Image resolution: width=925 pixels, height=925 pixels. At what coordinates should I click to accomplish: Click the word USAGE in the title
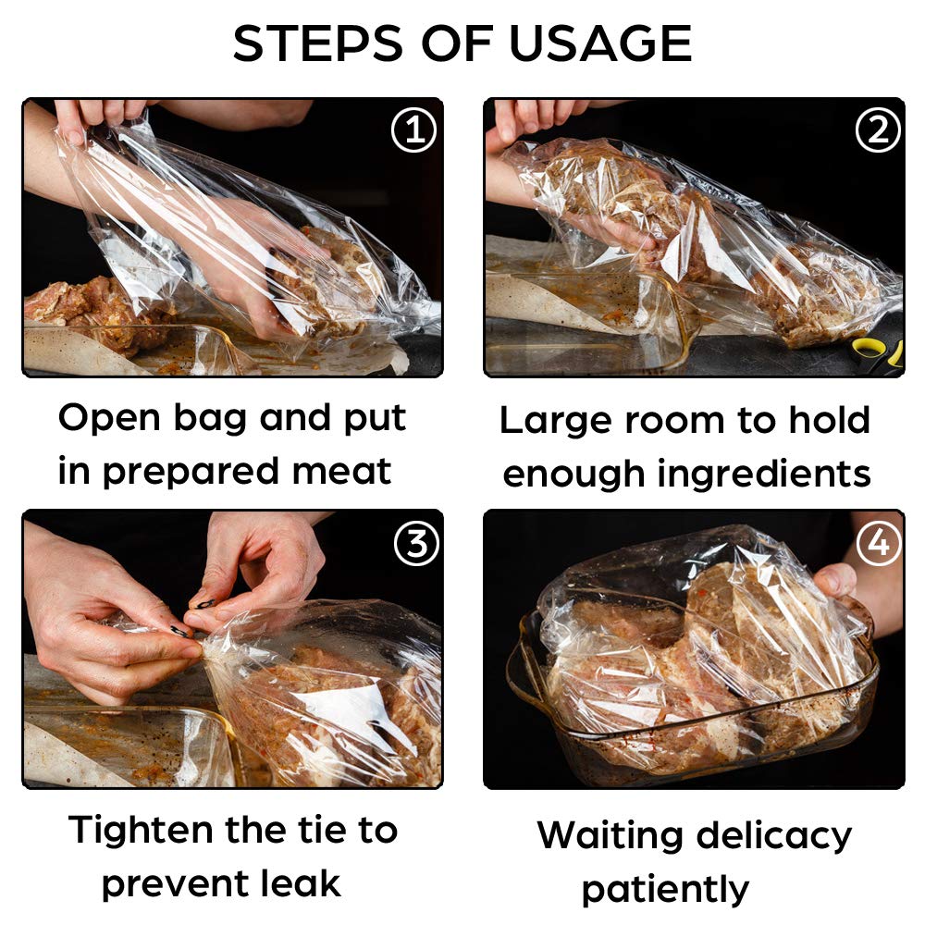click(600, 43)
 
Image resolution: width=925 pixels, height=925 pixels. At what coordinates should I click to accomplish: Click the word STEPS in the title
click(318, 43)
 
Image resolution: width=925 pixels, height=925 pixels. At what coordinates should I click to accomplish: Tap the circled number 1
click(413, 129)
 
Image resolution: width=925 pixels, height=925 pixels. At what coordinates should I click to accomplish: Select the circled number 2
click(877, 129)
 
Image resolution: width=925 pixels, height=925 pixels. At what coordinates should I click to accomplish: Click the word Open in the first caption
click(110, 420)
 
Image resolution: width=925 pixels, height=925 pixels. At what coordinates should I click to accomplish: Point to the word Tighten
click(141, 830)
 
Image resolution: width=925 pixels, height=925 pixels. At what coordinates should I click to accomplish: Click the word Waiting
click(610, 836)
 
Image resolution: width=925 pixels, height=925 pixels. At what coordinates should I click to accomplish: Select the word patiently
click(665, 891)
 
